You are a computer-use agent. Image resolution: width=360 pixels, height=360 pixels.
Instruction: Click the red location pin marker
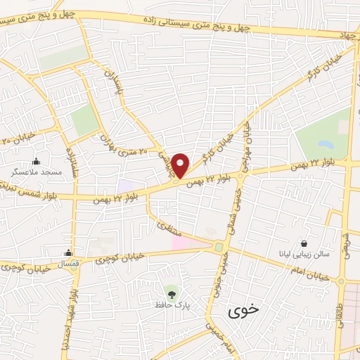coord(181,165)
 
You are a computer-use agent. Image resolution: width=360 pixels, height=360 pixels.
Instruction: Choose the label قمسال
coord(67,262)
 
